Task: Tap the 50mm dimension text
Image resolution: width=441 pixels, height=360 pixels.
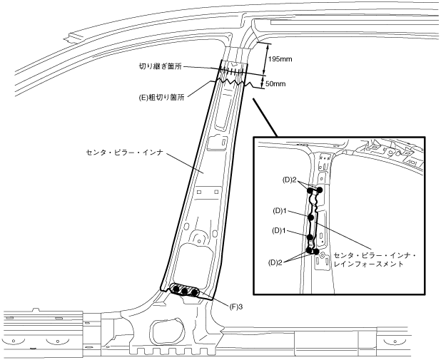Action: tap(275, 83)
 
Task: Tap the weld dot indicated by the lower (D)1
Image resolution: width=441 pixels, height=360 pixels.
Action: tap(310, 239)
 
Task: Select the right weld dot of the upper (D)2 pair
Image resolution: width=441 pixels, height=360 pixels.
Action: tap(319, 190)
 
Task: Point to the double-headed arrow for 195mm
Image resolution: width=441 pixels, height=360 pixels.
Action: tap(265, 58)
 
